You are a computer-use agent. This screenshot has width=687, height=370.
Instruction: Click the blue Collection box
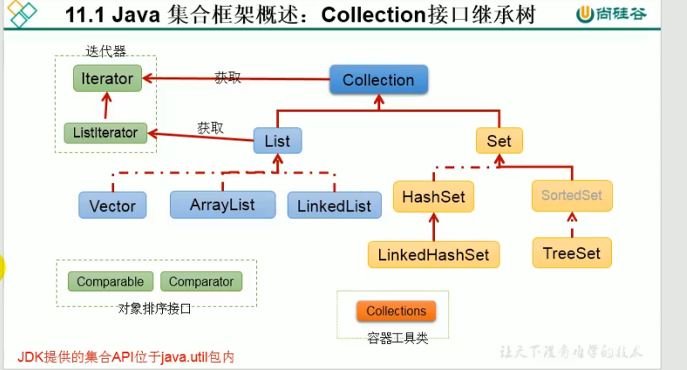[378, 80]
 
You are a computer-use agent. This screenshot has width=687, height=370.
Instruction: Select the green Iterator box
[106, 79]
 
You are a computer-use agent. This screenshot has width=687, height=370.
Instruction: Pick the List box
[277, 140]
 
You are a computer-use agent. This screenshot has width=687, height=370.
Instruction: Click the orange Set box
[499, 140]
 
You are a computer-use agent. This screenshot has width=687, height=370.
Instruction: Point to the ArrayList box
[222, 204]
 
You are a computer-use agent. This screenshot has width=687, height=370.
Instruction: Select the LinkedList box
[334, 206]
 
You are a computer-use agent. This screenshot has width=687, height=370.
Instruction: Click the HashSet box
[433, 196]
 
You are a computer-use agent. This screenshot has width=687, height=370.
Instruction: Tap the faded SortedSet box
[572, 195]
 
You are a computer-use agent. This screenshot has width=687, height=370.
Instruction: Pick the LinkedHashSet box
[433, 254]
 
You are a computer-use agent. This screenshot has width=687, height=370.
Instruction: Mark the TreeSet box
[571, 252]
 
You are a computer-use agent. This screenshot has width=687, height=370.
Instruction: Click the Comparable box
[110, 282]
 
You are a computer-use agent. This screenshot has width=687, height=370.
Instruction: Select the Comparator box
[201, 282]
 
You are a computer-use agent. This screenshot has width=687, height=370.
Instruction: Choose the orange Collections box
[396, 312]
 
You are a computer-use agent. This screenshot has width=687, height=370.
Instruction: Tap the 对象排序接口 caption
[154, 308]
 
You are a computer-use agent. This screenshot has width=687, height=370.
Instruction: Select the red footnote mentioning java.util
[127, 357]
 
